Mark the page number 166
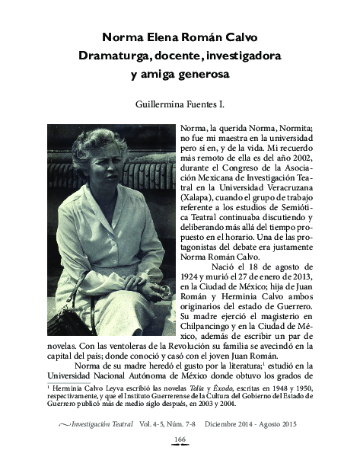tap(180, 440)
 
